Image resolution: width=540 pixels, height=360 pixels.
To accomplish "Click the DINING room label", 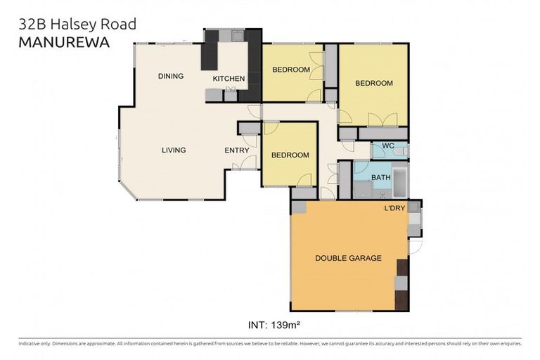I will pos(171,76).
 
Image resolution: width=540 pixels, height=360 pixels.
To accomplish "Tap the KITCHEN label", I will pos(229,79).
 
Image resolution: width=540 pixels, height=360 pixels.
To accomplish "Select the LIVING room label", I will pos(174,150).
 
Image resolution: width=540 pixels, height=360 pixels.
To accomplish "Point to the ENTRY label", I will pos(236,150).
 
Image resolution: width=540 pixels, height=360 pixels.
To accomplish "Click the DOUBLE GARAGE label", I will pos(348,258).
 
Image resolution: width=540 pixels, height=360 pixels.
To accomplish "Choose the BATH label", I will pos(380,178).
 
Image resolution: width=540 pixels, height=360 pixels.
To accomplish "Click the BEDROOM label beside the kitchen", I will pos(291,70).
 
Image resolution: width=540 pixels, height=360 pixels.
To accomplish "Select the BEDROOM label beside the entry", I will pos(290,155).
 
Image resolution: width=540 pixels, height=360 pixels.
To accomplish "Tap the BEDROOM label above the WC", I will pos(373,83).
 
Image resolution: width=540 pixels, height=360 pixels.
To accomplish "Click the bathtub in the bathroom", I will pos(399,181).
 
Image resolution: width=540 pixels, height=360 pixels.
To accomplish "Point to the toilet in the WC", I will pos(398,150).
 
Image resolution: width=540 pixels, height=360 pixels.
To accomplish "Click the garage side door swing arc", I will pos(416,247).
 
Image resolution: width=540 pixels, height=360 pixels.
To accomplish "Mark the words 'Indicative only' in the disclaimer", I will pos(37,344).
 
